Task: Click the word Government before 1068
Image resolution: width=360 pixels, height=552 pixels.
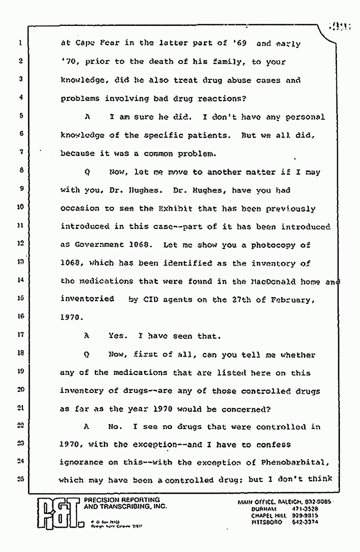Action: coord(98,245)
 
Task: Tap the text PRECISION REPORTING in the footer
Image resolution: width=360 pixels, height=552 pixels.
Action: coord(122,500)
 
